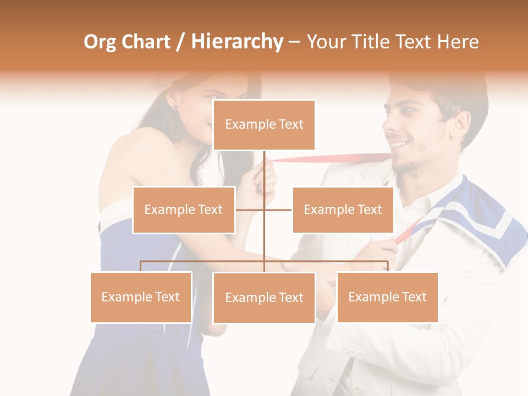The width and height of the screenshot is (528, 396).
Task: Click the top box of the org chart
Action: [x=264, y=125]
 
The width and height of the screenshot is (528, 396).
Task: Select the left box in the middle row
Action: [x=184, y=210]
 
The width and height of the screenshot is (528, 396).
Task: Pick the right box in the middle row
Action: [x=343, y=210]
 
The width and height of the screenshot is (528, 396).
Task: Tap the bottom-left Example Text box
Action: [x=141, y=297]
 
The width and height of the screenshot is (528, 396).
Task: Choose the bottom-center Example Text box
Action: [x=264, y=298]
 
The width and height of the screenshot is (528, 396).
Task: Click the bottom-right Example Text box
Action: [x=387, y=297]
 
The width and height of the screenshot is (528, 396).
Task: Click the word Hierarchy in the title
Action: [x=237, y=42]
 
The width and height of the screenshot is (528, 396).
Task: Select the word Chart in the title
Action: [x=145, y=42]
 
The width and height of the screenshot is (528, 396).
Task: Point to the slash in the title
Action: [x=180, y=42]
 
